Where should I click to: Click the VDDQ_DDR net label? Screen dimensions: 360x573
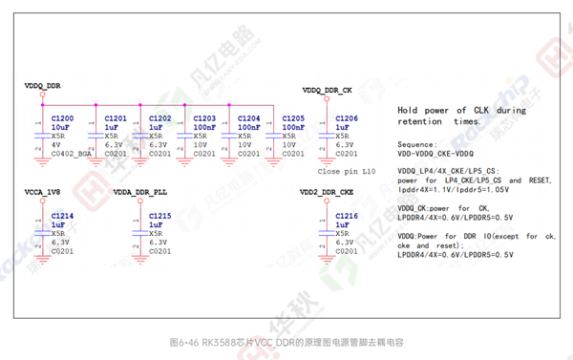(43, 86)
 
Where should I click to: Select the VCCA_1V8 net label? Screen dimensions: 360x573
(43, 192)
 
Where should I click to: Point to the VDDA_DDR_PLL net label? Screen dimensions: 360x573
(139, 192)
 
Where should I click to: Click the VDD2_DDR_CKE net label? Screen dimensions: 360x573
(327, 192)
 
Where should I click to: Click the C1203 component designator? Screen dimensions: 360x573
(204, 118)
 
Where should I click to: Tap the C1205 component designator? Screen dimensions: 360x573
(293, 118)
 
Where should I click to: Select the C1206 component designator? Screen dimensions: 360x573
(347, 118)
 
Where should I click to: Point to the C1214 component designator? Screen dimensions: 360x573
(62, 217)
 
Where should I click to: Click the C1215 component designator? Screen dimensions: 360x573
(159, 217)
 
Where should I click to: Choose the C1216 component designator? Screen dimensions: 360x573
(347, 217)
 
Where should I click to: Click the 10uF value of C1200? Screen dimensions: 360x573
(60, 127)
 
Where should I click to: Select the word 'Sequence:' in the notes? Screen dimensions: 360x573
(415, 145)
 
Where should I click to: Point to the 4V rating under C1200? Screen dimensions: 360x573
(55, 144)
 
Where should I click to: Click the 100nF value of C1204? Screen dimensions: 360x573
(248, 127)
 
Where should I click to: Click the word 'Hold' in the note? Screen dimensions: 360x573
(410, 111)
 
